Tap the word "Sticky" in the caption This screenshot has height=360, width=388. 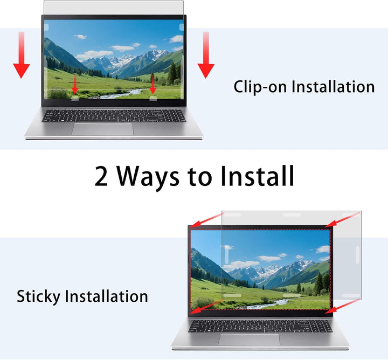pos(38,296)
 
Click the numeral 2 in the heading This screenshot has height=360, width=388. pos(101,176)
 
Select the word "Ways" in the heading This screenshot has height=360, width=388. pos(148,178)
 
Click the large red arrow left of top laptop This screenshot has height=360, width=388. pos(22,55)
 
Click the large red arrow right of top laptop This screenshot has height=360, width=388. pos(206,55)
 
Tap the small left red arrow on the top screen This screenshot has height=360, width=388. pos(75,84)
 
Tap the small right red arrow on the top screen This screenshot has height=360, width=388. pos(153,84)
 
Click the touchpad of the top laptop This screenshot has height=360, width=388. pos(102,129)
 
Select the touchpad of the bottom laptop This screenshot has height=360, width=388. pos(248,339)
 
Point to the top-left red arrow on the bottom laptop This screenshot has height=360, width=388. pos(206,220)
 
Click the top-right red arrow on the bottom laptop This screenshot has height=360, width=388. pos(343,220)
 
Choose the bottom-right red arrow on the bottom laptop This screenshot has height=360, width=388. pos(343,306)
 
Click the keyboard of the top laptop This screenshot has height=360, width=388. pos(114,115)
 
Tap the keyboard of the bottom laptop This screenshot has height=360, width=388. pos(260,326)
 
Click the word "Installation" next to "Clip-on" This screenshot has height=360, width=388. pos(333,87)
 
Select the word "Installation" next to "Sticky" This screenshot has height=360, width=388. pos(106,296)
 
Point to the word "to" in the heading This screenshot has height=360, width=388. pos(200,177)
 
